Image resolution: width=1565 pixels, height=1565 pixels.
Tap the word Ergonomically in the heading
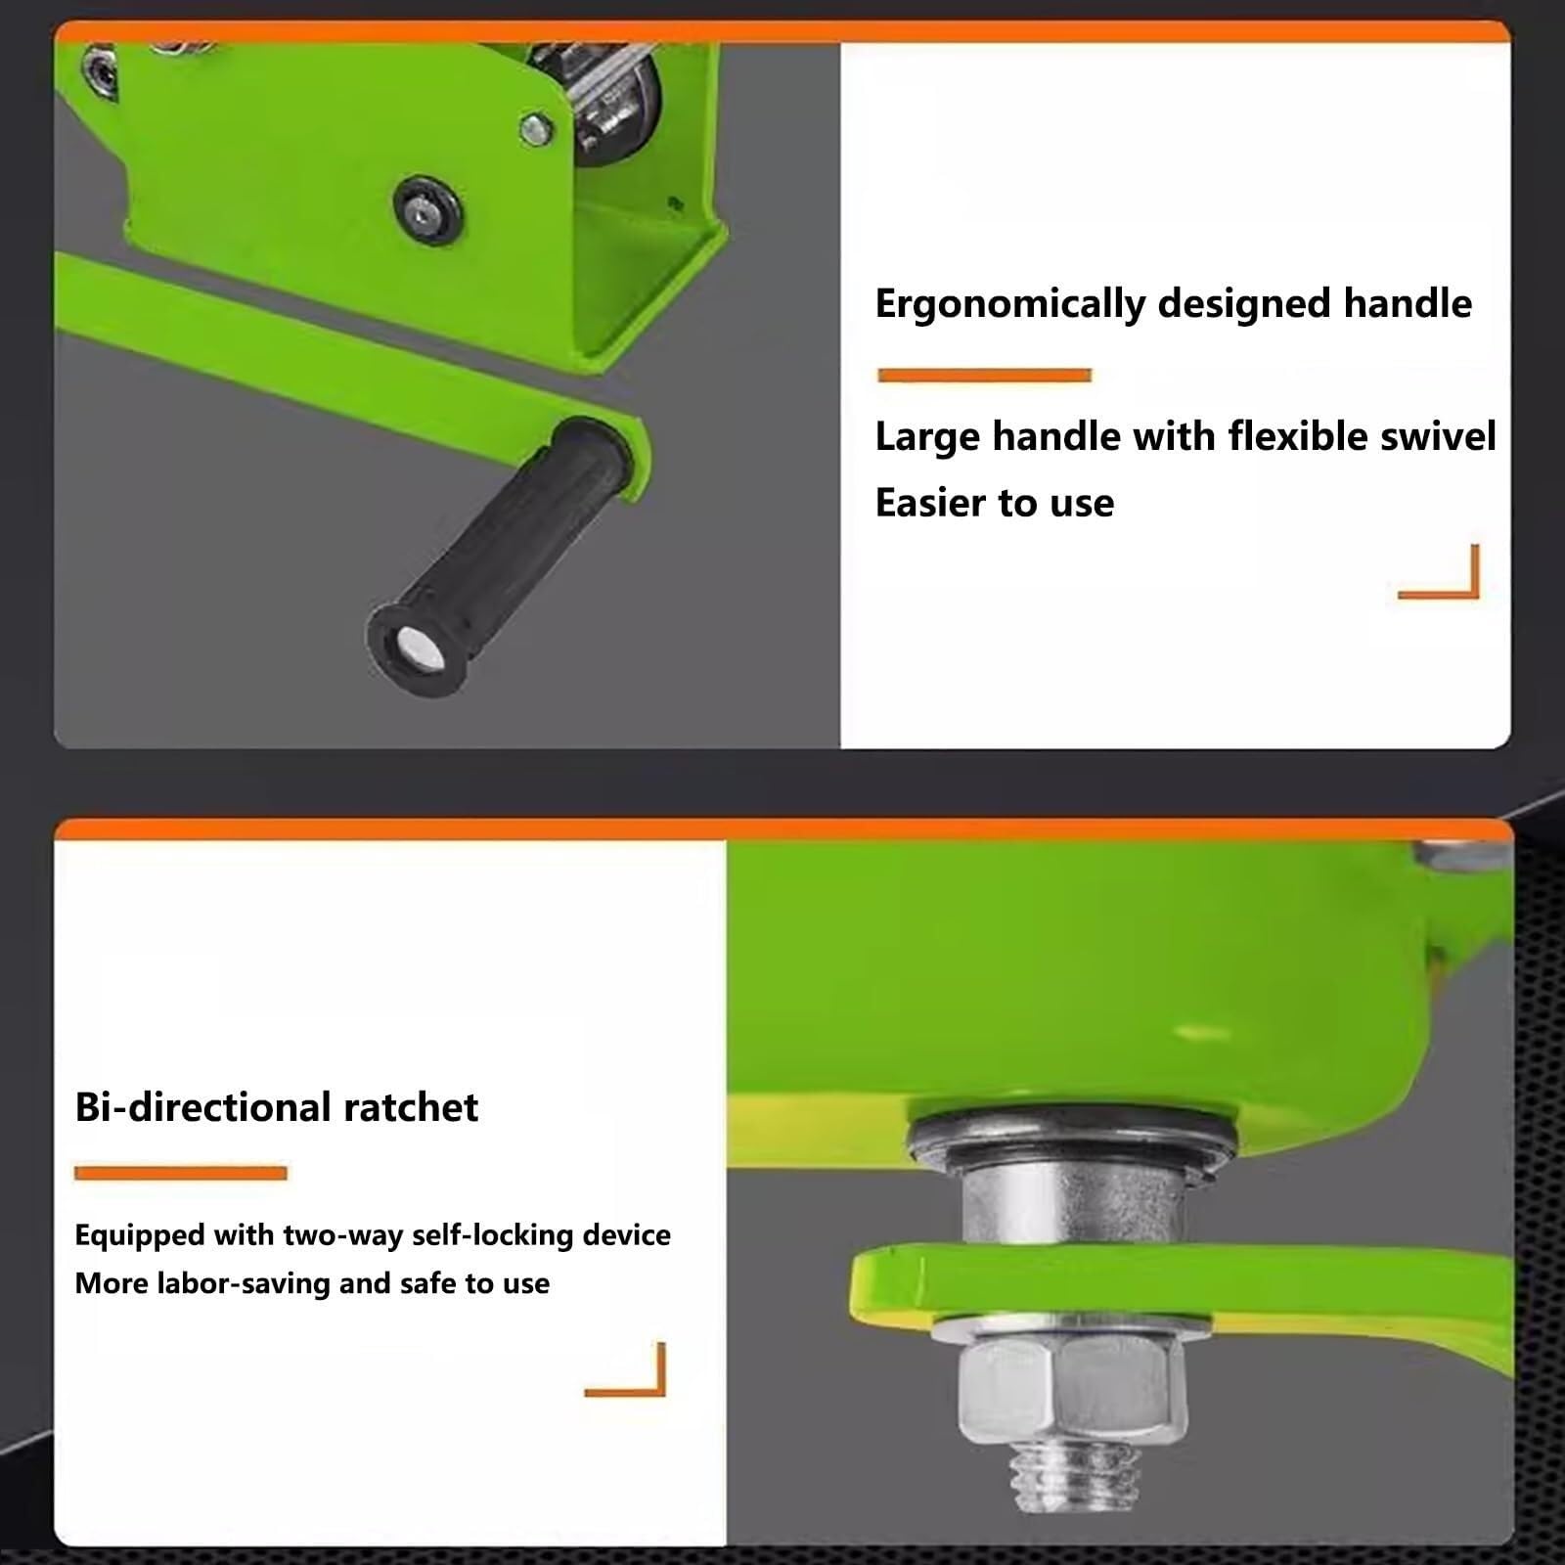click(1009, 304)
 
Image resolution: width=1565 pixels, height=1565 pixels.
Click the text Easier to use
click(995, 503)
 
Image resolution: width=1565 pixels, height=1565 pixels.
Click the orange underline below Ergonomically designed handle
click(984, 375)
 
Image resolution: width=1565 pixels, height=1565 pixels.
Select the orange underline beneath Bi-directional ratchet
click(181, 1173)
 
